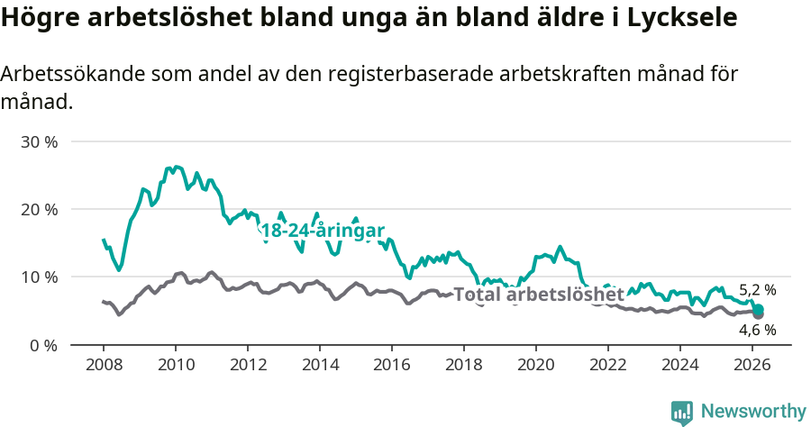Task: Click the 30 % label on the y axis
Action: pyautogui.click(x=39, y=142)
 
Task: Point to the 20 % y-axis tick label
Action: pyautogui.click(x=39, y=210)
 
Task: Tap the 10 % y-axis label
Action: pyautogui.click(x=39, y=277)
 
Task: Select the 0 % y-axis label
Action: pyautogui.click(x=43, y=345)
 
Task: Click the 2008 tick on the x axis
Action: pyautogui.click(x=104, y=365)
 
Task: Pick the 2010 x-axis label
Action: pyautogui.click(x=176, y=365)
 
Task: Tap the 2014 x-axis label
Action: pyautogui.click(x=320, y=365)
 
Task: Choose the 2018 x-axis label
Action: pyautogui.click(x=464, y=365)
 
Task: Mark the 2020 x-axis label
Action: pyautogui.click(x=536, y=365)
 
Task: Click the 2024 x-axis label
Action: pyautogui.click(x=680, y=365)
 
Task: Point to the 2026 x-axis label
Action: pyautogui.click(x=752, y=365)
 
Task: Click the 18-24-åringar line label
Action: pyautogui.click(x=322, y=231)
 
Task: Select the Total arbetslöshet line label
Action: pyautogui.click(x=538, y=295)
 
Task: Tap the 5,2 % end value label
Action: pyautogui.click(x=757, y=290)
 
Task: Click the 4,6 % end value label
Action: pyautogui.click(x=757, y=330)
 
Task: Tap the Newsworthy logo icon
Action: pyautogui.click(x=682, y=412)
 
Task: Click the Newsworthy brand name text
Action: pyautogui.click(x=753, y=412)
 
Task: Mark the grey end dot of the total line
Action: pyautogui.click(x=758, y=313)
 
